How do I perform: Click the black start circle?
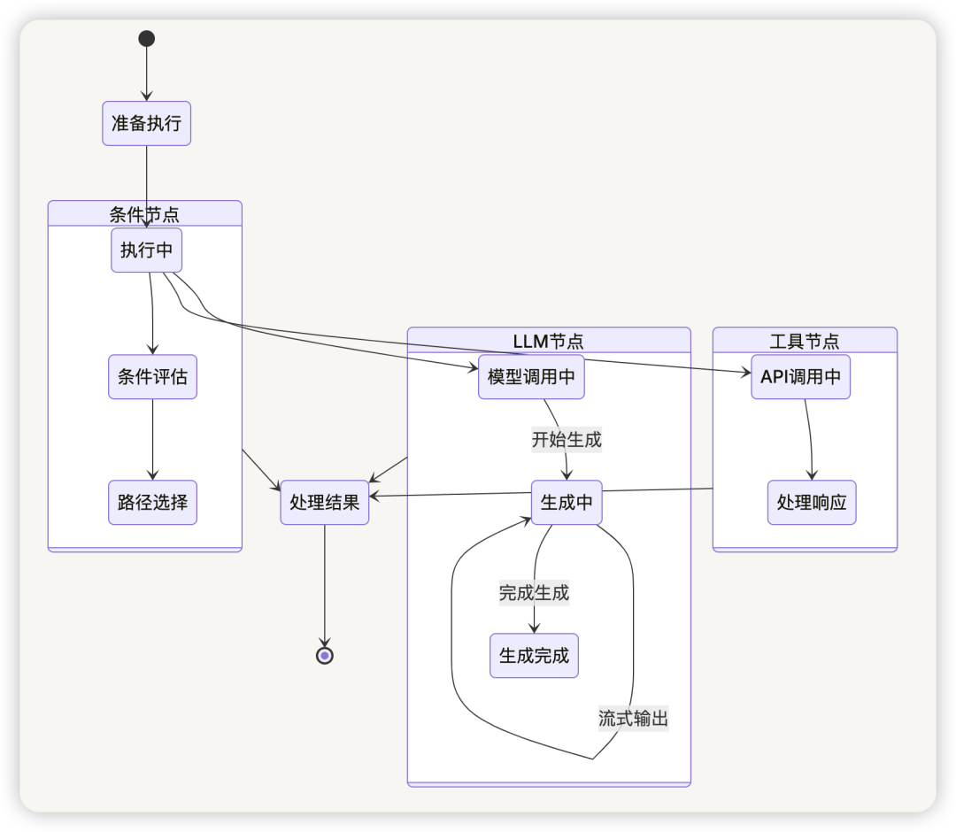(146, 38)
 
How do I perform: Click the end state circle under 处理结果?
(325, 656)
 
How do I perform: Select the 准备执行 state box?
(146, 123)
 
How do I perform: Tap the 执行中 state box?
(146, 250)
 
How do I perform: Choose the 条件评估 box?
(152, 377)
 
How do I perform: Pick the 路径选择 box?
(152, 502)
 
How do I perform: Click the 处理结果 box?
(324, 502)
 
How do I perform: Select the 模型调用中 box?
(531, 377)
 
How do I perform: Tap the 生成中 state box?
(567, 502)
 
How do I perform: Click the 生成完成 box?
(534, 656)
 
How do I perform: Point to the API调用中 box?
(800, 377)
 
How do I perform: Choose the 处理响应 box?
(812, 502)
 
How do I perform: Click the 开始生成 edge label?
(567, 440)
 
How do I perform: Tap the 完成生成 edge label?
(534, 592)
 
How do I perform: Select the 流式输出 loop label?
(634, 719)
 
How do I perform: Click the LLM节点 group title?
(548, 342)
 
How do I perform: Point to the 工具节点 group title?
(804, 342)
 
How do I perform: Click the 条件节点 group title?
(144, 214)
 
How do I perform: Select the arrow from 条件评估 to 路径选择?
(152, 440)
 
